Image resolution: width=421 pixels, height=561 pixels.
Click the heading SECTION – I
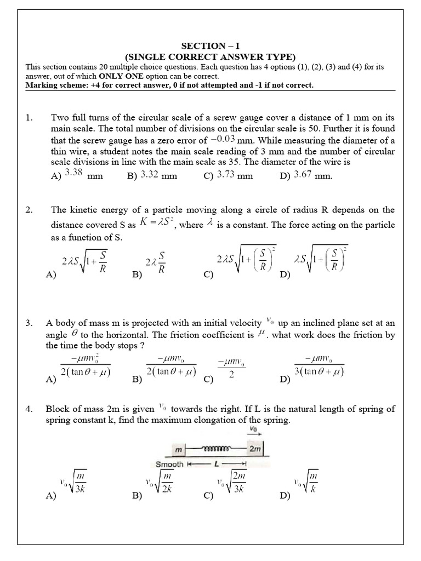pos(210,47)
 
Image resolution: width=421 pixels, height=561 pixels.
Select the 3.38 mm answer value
pos(74,174)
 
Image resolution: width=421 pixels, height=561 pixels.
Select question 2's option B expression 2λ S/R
pos(155,261)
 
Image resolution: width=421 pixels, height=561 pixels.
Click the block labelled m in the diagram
pos(178,449)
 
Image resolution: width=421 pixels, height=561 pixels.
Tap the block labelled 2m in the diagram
pos(255,449)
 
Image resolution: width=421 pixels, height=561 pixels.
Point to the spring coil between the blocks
pos(217,448)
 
